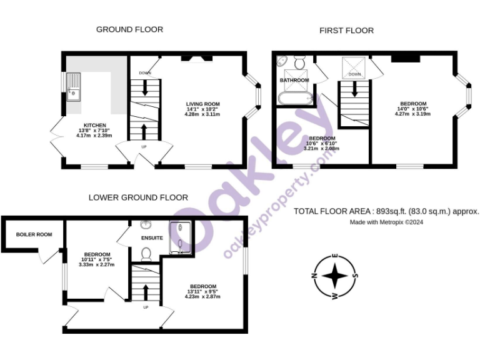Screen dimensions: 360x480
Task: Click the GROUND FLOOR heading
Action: [129, 29]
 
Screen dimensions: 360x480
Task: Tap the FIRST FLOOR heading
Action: [346, 30]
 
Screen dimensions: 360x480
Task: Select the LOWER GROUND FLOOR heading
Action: [138, 197]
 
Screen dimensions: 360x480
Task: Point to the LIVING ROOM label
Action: [203, 104]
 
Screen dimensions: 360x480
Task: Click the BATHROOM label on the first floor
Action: [294, 81]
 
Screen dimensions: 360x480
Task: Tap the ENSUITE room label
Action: [152, 238]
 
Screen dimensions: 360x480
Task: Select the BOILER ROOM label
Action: [34, 235]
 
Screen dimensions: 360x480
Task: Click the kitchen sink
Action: [74, 86]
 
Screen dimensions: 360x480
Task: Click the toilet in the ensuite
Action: [147, 253]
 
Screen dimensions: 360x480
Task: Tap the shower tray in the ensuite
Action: [181, 239]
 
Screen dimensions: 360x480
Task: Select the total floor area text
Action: [386, 211]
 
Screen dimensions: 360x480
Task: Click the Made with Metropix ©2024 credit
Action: [386, 222]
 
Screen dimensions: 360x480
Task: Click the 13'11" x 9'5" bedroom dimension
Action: [203, 292]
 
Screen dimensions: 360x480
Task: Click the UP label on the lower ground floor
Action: [146, 307]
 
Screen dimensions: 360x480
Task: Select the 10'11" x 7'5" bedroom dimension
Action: [97, 260]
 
